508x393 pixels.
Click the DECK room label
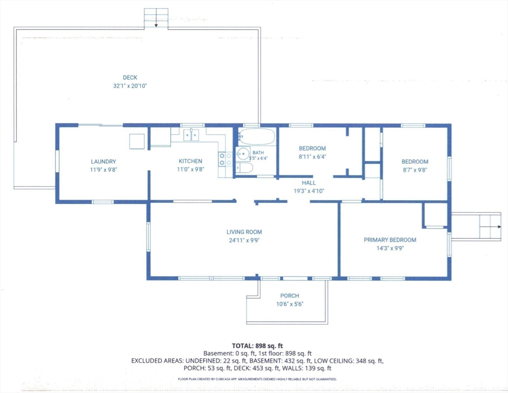tap(130, 78)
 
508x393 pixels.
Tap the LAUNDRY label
tap(103, 162)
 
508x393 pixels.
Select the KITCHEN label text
tap(191, 161)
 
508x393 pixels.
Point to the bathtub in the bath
tap(257, 136)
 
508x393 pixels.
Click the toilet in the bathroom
tap(245, 168)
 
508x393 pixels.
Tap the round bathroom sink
tap(243, 154)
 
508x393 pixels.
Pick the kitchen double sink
tap(191, 135)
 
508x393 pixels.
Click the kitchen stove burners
tap(225, 159)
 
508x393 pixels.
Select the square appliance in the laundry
tap(137, 141)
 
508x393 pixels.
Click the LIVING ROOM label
tap(244, 232)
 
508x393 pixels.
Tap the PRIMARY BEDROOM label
tap(390, 240)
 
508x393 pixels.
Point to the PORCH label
tap(290, 296)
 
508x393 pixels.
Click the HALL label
tap(309, 183)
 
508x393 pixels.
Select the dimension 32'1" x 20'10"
tap(130, 86)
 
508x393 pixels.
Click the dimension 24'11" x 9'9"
tap(244, 241)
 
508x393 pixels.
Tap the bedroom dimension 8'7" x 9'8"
tap(415, 170)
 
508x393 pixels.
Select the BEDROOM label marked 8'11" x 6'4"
tap(312, 148)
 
